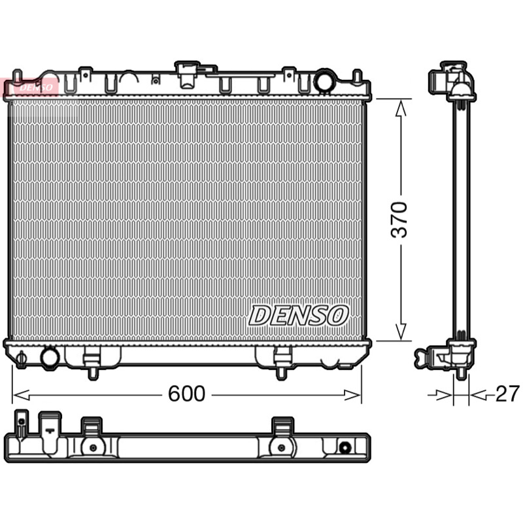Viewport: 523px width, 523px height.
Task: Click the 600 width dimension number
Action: tap(186, 394)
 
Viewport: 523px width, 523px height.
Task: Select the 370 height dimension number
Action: tap(399, 220)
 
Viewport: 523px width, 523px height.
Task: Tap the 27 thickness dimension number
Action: tap(508, 394)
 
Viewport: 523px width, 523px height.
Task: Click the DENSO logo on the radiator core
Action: tap(299, 315)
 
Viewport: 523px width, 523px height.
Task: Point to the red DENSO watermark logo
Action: tap(31, 88)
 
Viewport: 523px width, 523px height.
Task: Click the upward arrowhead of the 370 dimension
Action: tap(401, 108)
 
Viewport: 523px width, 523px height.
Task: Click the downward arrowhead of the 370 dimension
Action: tap(401, 331)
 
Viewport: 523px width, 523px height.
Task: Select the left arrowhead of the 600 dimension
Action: tap(21, 396)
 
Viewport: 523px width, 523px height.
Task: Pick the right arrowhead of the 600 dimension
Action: tap(352, 396)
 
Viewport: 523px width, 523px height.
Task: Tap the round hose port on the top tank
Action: tap(325, 80)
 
